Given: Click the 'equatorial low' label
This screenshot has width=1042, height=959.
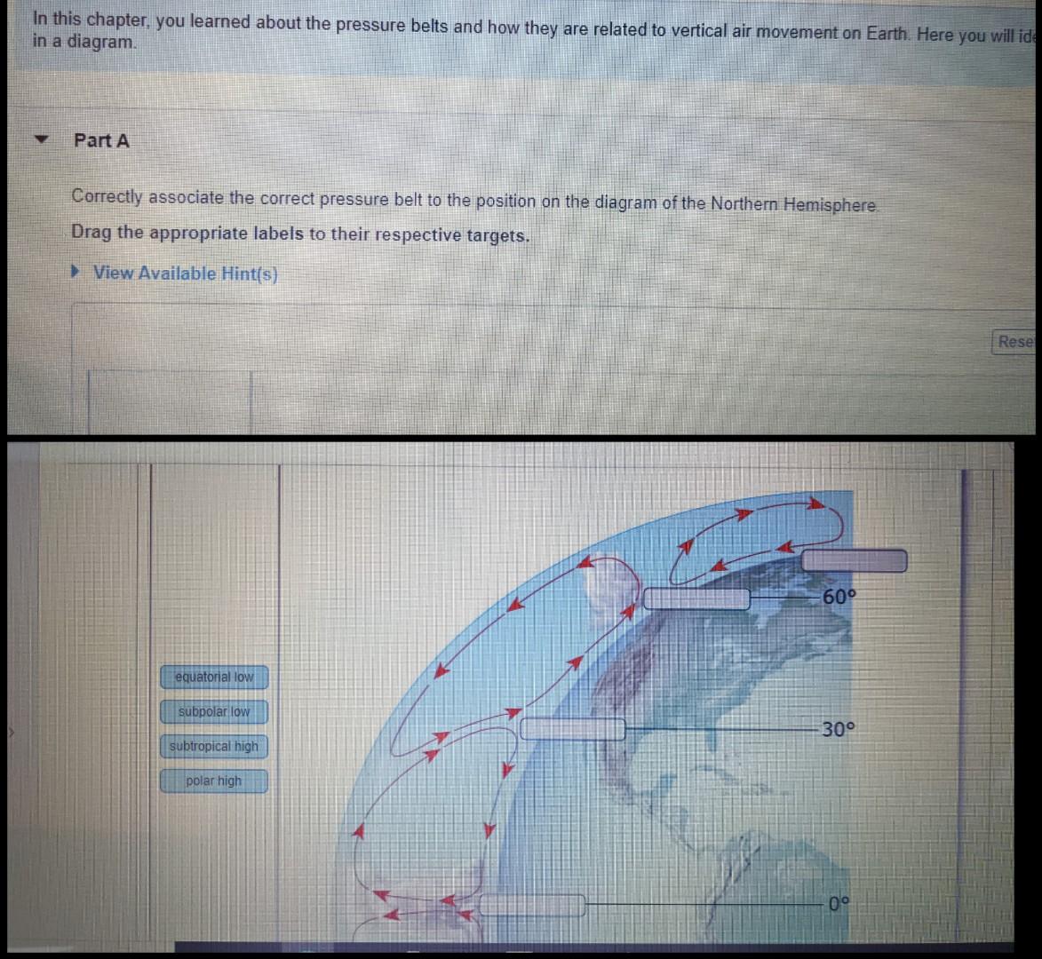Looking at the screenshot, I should point(214,678).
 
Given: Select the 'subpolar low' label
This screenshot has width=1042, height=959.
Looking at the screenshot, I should point(214,712).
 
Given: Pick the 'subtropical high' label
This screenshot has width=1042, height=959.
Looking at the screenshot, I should point(214,747).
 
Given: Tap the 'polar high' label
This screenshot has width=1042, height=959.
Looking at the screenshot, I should point(214,781).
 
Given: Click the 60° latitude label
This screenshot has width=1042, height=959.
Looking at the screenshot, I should point(839,597).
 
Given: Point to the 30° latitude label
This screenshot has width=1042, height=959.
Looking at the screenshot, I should point(838,730).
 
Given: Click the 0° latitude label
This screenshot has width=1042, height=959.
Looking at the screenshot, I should point(839,905).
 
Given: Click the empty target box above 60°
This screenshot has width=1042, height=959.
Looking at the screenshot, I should point(854,561).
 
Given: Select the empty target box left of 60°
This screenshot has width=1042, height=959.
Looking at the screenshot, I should point(696,598).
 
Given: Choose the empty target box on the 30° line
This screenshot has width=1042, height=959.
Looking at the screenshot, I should point(572,729).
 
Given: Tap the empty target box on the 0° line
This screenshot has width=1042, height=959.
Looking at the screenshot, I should point(532,905).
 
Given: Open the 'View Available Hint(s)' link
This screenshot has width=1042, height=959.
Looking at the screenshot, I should point(185,273).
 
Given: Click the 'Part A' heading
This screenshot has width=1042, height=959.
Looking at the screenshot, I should point(101,140).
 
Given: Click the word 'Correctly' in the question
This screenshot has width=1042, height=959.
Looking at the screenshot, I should point(107,196).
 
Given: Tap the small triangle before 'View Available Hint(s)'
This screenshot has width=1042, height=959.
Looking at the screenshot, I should point(78,273).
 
